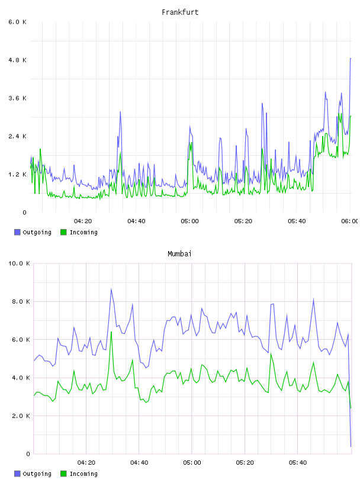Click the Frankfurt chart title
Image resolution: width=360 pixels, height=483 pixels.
click(180, 12)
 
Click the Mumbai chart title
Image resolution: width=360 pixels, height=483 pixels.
click(179, 254)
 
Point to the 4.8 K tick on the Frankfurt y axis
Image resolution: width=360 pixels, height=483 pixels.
click(17, 60)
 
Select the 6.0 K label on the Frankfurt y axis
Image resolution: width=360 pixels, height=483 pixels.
click(17, 22)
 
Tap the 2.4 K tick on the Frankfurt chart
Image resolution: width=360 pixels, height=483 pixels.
click(17, 136)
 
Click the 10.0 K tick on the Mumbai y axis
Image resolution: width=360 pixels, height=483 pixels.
click(19, 263)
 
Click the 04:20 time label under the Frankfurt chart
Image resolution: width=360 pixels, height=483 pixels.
click(83, 221)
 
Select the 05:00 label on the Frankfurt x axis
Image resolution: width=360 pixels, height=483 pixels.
click(190, 221)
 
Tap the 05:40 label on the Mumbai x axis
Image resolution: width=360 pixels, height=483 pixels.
click(298, 463)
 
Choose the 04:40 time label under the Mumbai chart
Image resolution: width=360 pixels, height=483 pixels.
click(139, 463)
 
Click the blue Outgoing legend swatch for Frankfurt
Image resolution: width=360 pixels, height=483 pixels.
click(17, 232)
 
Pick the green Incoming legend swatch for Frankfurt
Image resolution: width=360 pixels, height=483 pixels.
click(63, 232)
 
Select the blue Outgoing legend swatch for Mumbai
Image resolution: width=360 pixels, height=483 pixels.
click(17, 474)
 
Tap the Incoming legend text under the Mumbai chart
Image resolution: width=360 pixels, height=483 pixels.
click(83, 474)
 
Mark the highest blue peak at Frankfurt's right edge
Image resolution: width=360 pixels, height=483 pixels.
click(351, 58)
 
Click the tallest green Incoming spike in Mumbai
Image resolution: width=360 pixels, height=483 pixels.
click(111, 331)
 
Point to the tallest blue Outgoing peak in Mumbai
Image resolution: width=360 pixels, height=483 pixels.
click(111, 289)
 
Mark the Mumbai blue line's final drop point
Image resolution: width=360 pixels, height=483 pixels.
click(351, 446)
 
